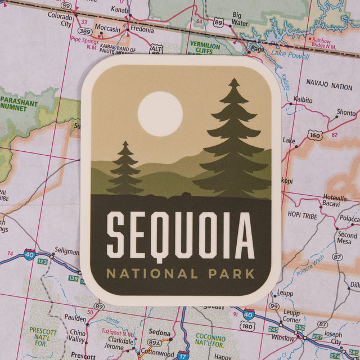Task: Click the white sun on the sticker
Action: coord(160,114)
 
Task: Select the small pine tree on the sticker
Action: coord(125,170)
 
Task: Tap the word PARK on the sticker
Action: coord(229,274)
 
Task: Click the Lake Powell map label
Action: coord(290,56)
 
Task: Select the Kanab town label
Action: coord(119,10)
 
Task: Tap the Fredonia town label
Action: coord(142,30)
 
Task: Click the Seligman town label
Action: coord(67,251)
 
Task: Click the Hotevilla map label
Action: coord(335,197)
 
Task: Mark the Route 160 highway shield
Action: coord(315,136)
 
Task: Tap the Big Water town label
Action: coord(240,19)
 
